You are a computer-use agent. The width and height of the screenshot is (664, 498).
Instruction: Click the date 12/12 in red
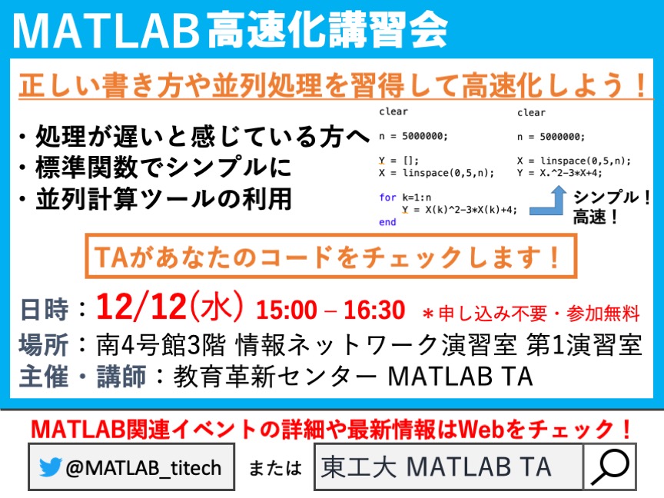(141, 307)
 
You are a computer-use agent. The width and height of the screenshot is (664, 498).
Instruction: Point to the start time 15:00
(286, 310)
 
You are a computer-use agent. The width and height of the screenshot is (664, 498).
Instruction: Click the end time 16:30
(374, 310)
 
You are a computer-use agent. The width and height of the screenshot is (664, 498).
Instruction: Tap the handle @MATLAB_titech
(144, 468)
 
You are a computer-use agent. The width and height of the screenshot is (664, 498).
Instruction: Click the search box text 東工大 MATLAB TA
(436, 467)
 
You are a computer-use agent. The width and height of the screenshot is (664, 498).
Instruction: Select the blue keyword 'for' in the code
(387, 198)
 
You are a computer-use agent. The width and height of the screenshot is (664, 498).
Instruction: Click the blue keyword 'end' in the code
(387, 222)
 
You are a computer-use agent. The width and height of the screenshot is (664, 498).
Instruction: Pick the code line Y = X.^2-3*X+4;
(559, 173)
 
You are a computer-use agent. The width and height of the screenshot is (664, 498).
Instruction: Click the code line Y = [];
(399, 161)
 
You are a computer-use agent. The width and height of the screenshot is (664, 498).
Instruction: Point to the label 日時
(45, 309)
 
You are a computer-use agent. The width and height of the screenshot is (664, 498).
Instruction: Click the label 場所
(44, 345)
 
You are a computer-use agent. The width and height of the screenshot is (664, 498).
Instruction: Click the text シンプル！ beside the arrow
(612, 198)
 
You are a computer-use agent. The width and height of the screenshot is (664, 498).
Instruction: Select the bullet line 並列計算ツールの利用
(164, 198)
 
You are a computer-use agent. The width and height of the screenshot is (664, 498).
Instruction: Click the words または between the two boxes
(275, 468)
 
